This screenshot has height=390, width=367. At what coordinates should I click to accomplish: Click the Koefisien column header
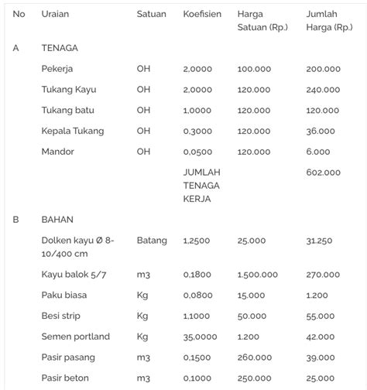[202, 14]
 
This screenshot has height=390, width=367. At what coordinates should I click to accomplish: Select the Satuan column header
[151, 14]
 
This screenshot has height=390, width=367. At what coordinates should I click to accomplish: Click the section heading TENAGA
[60, 48]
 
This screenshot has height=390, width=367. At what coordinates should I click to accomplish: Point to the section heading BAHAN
[57, 219]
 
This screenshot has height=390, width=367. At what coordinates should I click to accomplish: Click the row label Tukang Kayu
[69, 90]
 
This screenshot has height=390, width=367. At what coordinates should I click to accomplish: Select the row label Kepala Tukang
[73, 131]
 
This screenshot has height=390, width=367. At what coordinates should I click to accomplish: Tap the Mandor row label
[58, 152]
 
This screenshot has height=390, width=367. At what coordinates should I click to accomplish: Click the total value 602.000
[323, 173]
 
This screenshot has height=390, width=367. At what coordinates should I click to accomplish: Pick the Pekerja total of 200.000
[323, 69]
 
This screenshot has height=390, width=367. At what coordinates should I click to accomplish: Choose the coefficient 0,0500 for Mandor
[197, 152]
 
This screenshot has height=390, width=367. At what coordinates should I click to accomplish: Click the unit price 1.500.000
[258, 275]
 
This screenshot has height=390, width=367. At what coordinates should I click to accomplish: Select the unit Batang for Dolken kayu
[152, 241]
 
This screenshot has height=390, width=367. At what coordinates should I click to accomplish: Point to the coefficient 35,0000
[201, 337]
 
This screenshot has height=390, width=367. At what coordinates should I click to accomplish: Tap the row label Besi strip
[61, 316]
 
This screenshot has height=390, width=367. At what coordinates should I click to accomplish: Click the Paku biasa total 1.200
[317, 296]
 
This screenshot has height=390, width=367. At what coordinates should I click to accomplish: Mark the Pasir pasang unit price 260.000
[254, 357]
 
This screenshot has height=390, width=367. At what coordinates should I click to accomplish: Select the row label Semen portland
[76, 337]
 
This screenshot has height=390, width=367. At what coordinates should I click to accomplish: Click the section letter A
[16, 48]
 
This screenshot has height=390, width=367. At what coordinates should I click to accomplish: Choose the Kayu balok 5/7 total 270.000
[323, 275]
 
